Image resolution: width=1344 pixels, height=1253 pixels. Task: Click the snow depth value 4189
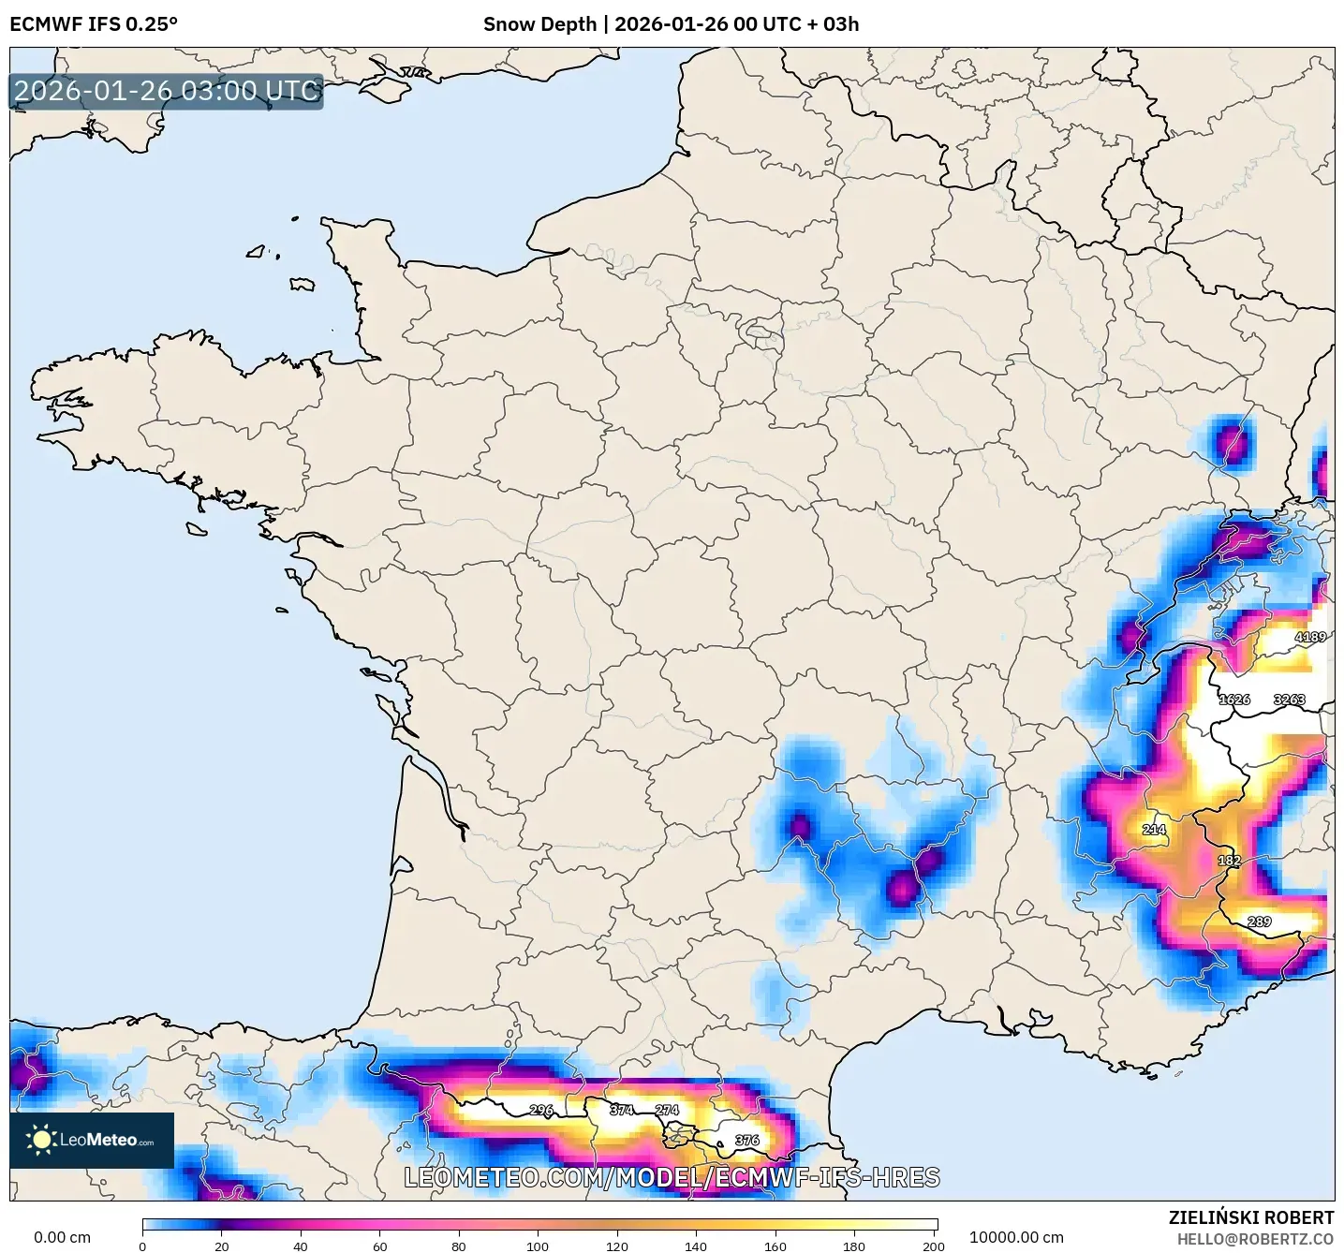click(x=1309, y=637)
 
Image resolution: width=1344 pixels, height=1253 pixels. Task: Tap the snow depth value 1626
click(x=1233, y=700)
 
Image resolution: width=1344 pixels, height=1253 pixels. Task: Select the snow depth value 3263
click(x=1289, y=700)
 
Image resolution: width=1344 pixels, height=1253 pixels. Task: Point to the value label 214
click(x=1154, y=829)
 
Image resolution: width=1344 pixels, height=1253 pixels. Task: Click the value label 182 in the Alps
click(x=1229, y=861)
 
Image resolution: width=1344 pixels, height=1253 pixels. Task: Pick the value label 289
click(x=1259, y=921)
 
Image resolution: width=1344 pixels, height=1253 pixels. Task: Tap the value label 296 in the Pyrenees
click(x=541, y=1110)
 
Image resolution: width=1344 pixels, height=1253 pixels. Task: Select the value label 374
click(x=622, y=1110)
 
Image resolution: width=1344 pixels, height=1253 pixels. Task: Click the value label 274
click(x=667, y=1110)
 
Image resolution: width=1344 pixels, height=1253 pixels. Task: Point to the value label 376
click(x=746, y=1140)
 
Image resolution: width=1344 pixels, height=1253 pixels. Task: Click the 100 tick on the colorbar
click(x=538, y=1246)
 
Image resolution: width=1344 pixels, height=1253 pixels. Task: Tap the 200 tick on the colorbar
click(x=933, y=1246)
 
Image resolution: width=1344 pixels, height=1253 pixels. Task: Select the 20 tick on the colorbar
click(x=221, y=1246)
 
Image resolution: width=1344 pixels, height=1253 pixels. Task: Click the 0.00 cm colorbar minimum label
click(x=62, y=1237)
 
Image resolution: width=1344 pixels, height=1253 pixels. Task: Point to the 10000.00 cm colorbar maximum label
click(x=1016, y=1237)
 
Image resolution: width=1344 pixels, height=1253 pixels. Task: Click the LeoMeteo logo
click(x=92, y=1140)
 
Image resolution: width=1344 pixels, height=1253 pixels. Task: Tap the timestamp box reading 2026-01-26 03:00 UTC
click(x=167, y=91)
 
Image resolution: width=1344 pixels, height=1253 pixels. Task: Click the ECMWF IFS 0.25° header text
click(x=94, y=24)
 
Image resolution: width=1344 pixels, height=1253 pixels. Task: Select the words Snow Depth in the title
click(x=539, y=24)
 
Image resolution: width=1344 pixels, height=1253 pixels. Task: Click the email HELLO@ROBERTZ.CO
click(x=1255, y=1239)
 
